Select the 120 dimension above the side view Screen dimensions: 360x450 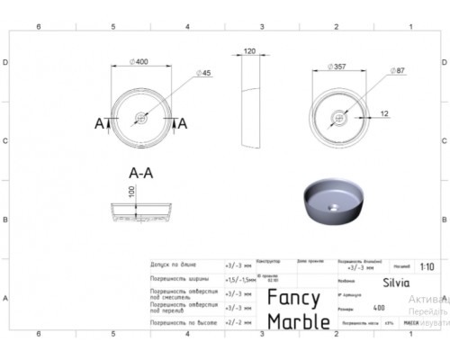(251, 53)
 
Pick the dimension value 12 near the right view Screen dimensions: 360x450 (383, 113)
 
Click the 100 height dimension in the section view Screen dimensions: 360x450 (131, 193)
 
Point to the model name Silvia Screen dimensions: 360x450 (395, 281)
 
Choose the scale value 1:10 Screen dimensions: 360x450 (427, 266)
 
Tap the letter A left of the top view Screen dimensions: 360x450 (100, 123)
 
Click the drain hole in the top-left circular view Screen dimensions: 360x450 (141, 117)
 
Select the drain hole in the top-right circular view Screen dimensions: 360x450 (339, 116)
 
